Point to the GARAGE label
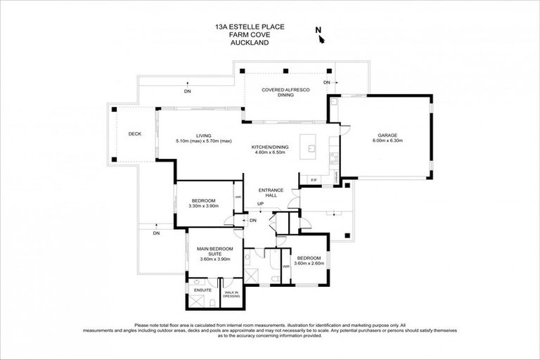point(388,135)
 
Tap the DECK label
point(135,134)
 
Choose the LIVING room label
point(204,136)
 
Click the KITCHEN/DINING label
point(269,147)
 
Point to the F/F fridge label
point(314,181)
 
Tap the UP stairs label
point(260,204)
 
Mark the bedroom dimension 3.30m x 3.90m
point(204,206)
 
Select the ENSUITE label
point(193,290)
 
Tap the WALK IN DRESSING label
point(231,294)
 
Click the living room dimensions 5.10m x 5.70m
point(204,141)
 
